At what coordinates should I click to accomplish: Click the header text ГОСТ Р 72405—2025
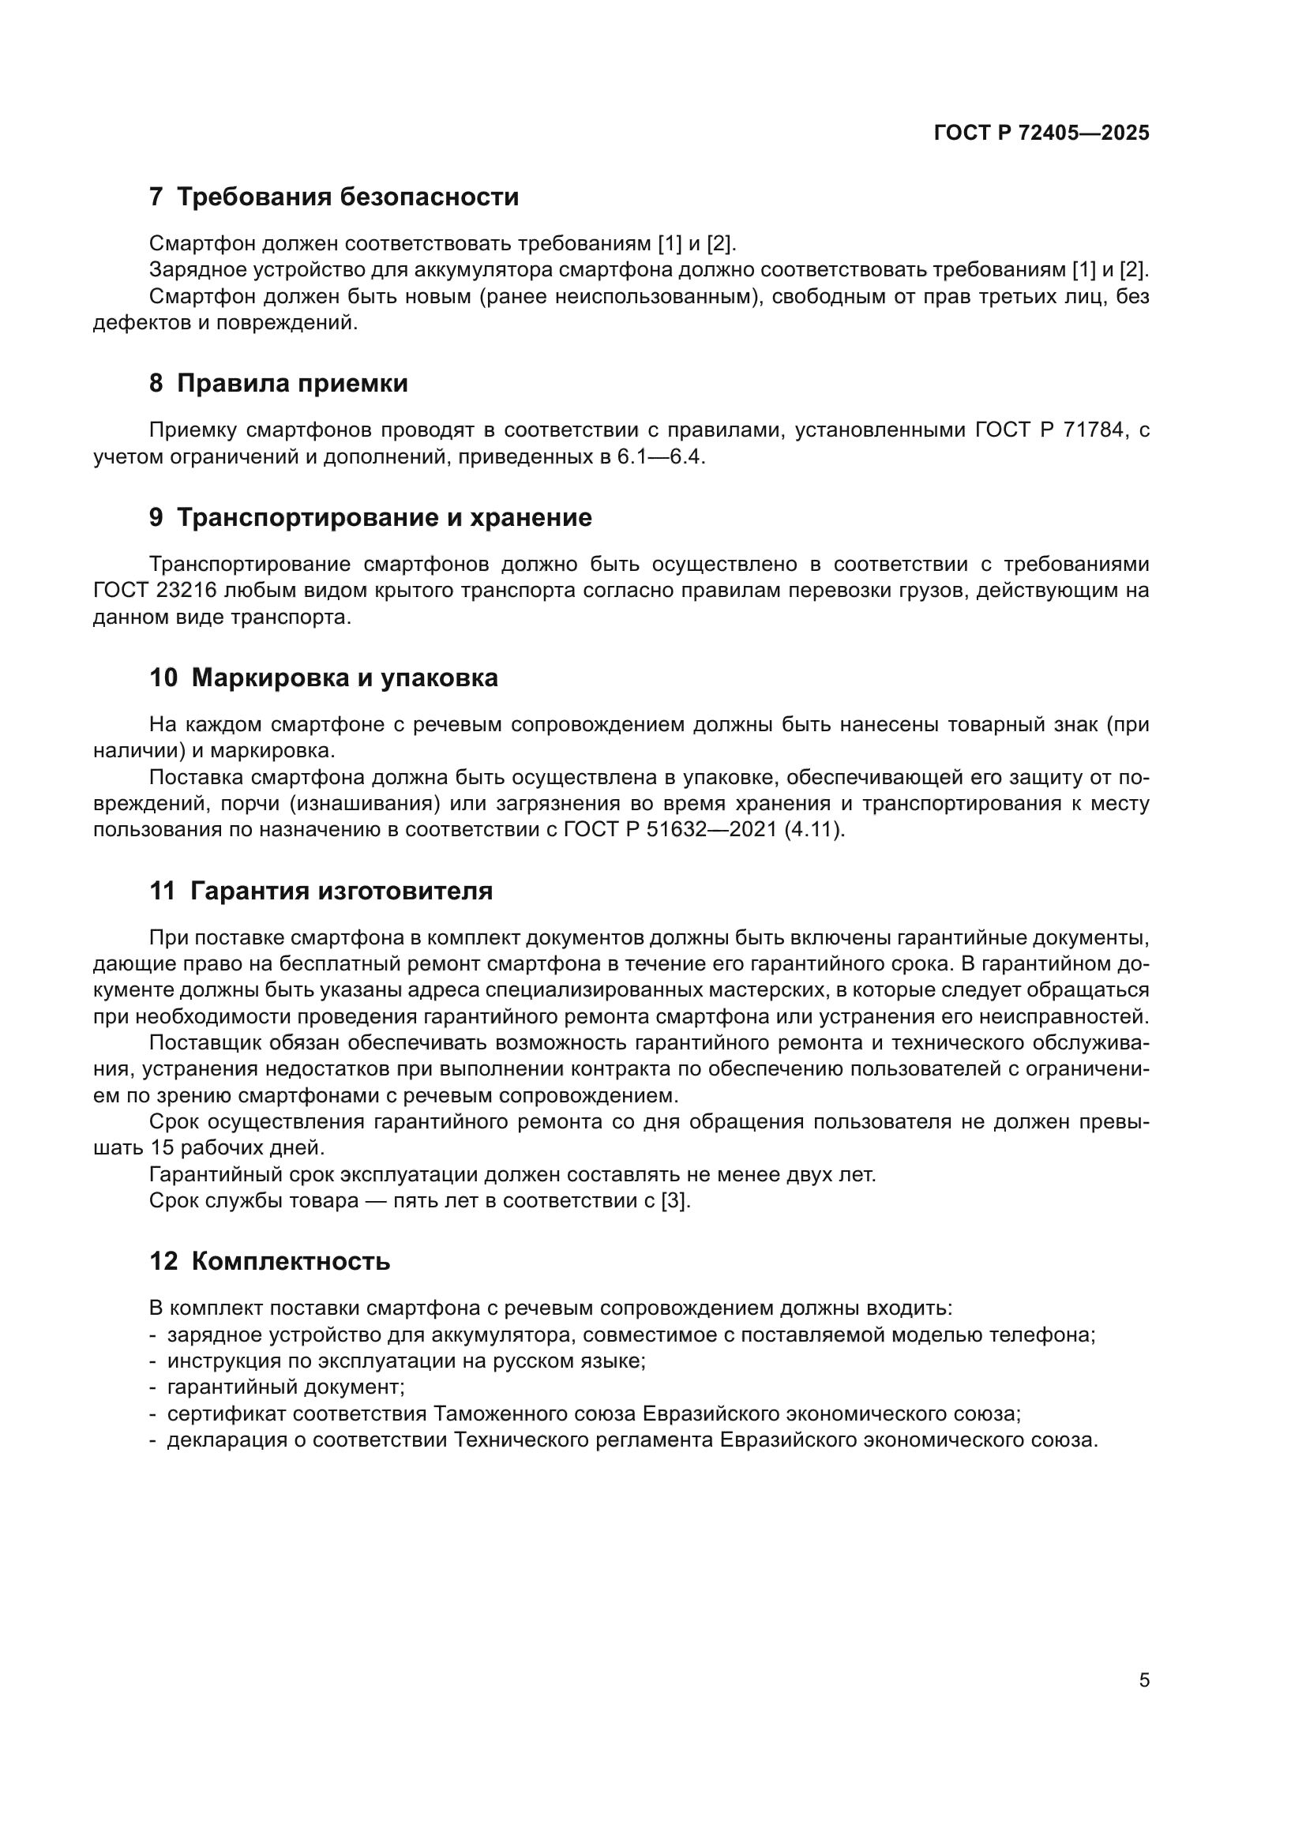[x=1041, y=133]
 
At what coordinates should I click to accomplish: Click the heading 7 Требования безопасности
[x=334, y=197]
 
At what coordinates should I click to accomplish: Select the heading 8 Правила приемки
[x=278, y=384]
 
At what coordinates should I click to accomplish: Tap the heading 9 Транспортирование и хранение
[x=370, y=517]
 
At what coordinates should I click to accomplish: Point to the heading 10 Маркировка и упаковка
[x=323, y=678]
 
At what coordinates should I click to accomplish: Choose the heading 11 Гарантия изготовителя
[x=321, y=892]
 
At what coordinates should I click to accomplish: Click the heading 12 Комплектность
[x=269, y=1261]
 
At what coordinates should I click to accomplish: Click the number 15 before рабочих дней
[x=163, y=1148]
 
